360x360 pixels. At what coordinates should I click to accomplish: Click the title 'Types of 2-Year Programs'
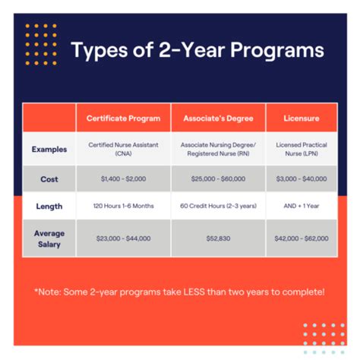(x=197, y=52)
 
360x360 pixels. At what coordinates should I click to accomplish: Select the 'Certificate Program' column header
(x=124, y=118)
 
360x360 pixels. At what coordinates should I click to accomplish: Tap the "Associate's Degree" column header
(x=218, y=118)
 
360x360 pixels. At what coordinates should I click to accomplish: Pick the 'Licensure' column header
(x=301, y=118)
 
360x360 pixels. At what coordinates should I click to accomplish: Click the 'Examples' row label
(x=49, y=150)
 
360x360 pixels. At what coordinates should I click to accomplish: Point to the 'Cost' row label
(x=49, y=178)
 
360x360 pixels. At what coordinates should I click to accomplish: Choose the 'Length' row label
(x=49, y=206)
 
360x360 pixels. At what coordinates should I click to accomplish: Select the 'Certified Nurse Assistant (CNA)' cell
(x=124, y=150)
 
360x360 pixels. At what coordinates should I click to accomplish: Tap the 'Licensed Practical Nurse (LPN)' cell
(x=301, y=150)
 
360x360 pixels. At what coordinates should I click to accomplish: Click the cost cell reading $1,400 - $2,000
(x=124, y=178)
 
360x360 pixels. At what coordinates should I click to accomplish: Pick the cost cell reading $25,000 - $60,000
(x=218, y=178)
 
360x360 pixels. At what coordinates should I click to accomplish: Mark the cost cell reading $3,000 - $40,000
(x=301, y=178)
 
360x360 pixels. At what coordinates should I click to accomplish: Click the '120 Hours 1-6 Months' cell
(x=124, y=206)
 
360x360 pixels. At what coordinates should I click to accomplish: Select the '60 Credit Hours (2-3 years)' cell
(x=218, y=206)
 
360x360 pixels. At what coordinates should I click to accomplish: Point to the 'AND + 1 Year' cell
(x=301, y=206)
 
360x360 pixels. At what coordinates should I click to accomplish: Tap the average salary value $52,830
(x=218, y=238)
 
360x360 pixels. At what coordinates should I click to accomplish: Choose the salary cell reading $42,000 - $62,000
(x=301, y=238)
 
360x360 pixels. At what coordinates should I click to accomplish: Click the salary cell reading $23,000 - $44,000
(x=124, y=238)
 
